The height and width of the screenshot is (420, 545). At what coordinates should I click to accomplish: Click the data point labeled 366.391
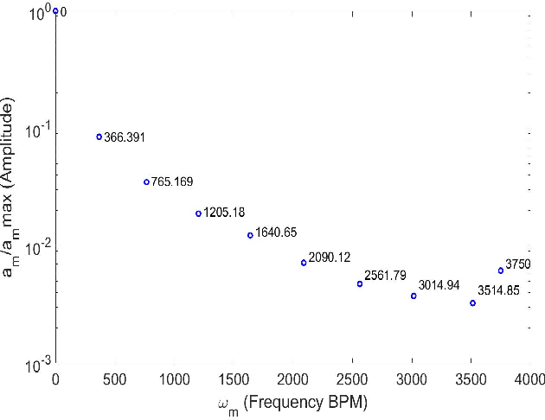point(99,137)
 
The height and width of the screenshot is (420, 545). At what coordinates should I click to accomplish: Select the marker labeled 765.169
point(146,181)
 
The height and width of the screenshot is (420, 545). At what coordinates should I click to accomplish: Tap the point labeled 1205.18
point(198,213)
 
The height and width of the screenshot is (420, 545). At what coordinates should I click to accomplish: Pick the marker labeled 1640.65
point(250,235)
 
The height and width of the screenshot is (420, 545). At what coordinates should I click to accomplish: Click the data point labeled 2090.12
point(304,263)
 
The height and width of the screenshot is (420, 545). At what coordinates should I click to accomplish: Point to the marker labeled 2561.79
point(360,283)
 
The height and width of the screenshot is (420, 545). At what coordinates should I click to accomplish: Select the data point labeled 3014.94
point(414,296)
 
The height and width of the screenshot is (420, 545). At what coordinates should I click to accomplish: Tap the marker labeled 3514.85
point(472,303)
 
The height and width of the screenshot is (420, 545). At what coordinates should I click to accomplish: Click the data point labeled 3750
point(501,270)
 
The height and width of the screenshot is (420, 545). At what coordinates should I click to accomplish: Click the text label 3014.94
point(439,284)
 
